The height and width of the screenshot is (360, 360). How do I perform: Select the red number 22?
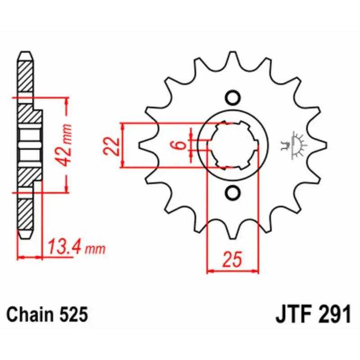pyautogui.click(x=112, y=147)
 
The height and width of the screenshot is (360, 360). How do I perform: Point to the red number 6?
pyautogui.click(x=181, y=145)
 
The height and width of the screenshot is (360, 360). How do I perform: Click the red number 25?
pyautogui.click(x=233, y=260)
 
